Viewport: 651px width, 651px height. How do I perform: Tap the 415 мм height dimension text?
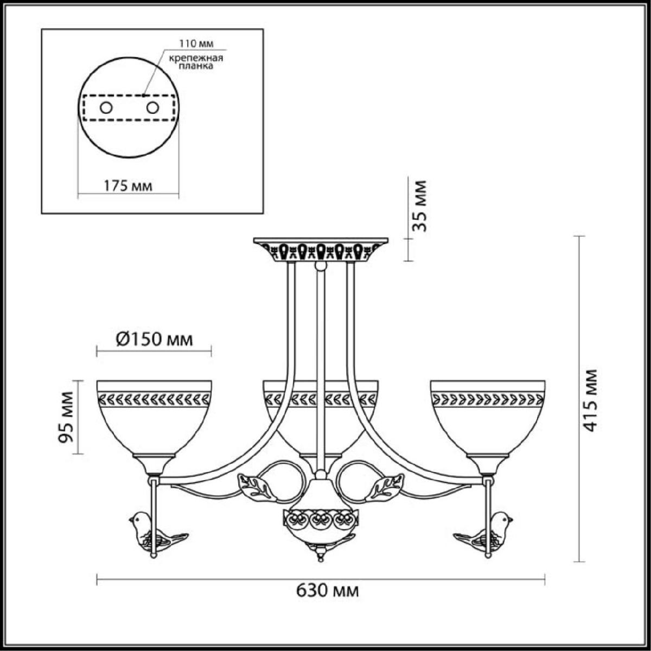591,401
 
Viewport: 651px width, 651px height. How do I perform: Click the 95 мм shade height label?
66,417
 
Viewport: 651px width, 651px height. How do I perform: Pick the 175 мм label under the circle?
127,186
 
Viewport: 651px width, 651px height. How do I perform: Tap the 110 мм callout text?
196,43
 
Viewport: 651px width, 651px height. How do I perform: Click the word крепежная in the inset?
196,58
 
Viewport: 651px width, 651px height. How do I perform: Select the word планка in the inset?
196,66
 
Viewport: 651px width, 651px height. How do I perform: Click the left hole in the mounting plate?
106,108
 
